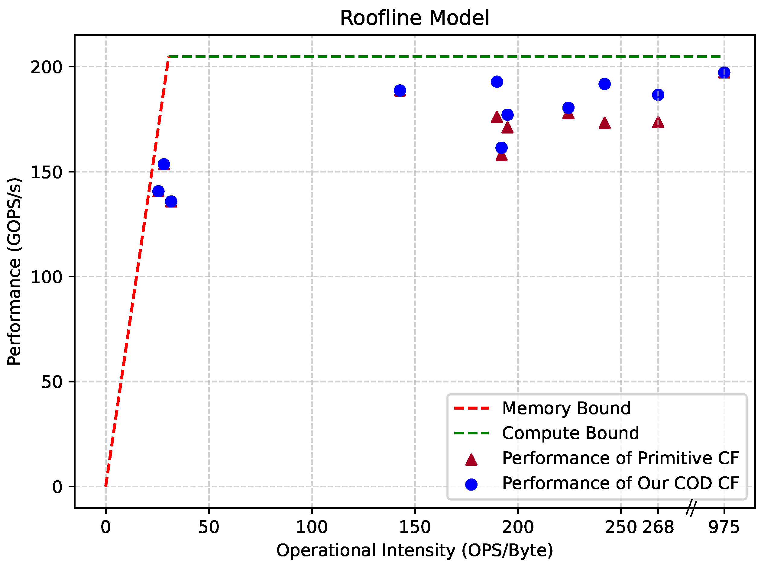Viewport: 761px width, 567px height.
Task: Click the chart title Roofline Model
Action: tap(414, 18)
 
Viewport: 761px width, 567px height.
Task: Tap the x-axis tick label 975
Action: tap(724, 527)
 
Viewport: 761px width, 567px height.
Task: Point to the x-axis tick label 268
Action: tap(658, 527)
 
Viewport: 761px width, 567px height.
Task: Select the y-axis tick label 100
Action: tap(46, 277)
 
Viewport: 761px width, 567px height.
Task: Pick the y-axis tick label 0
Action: tap(57, 487)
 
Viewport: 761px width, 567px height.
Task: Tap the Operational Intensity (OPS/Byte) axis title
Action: tap(414, 550)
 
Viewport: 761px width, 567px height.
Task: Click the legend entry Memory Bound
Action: tap(566, 408)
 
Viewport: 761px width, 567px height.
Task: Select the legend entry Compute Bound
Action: tap(570, 433)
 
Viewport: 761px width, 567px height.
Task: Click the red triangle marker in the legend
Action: tap(471, 459)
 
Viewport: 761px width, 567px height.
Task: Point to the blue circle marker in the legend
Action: tap(471, 484)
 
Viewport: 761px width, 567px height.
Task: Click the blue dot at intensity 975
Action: tap(724, 72)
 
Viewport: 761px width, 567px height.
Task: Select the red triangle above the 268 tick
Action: tap(658, 122)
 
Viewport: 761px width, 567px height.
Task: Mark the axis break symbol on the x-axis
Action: tap(691, 508)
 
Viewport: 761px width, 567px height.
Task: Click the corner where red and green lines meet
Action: tap(168, 56)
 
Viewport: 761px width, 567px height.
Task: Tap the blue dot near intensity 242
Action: tap(604, 84)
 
